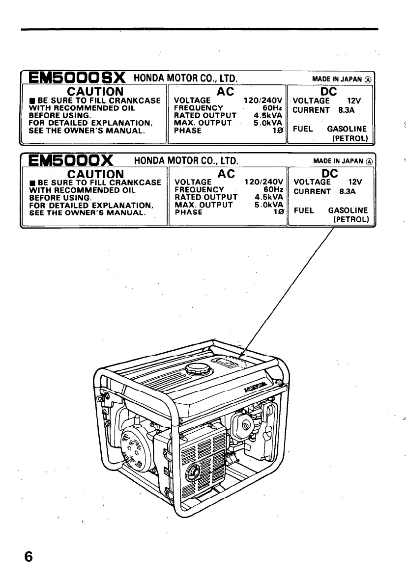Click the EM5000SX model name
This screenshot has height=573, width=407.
coord(78,78)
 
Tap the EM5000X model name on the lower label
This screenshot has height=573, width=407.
coord(72,160)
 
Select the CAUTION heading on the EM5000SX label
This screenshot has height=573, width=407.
coord(95,92)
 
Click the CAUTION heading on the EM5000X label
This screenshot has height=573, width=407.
coord(95,174)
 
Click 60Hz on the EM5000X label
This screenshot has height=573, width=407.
coord(273,189)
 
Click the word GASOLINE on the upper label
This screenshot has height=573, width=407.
coord(347,129)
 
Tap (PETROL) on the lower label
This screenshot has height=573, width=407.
coord(350,219)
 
